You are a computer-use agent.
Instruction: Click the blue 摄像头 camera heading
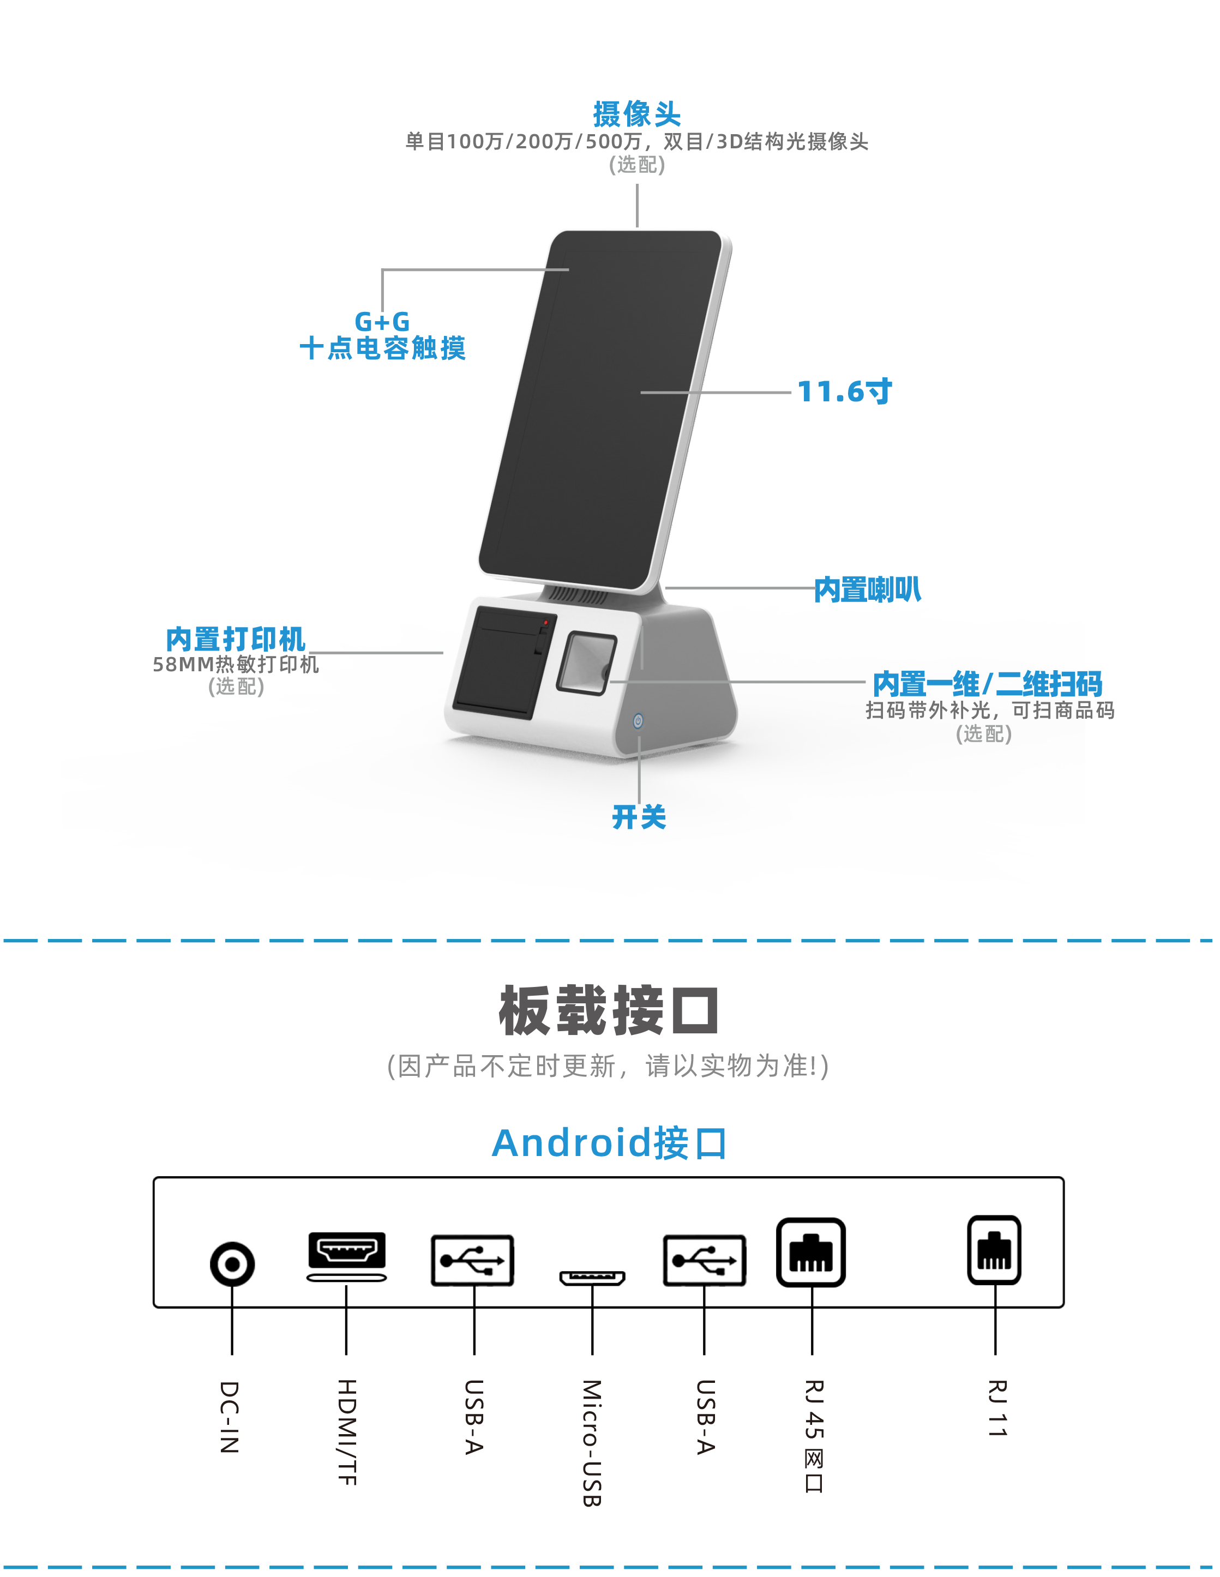[x=636, y=113]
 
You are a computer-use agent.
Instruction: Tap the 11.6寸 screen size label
[x=844, y=392]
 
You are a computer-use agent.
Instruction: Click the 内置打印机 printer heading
[x=236, y=639]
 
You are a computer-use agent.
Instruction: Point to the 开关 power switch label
[x=639, y=817]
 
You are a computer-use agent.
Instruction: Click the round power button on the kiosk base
[x=638, y=721]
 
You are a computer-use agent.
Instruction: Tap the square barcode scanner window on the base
[x=586, y=663]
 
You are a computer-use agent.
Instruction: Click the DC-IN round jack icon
[x=232, y=1263]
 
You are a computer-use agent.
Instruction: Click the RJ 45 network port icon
[x=811, y=1252]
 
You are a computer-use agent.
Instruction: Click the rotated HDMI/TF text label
[x=347, y=1432]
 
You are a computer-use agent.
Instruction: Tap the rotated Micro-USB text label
[x=592, y=1443]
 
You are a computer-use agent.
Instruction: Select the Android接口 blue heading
[x=609, y=1143]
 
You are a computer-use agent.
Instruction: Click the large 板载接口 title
[x=609, y=1009]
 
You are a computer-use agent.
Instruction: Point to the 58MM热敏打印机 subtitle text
[x=236, y=664]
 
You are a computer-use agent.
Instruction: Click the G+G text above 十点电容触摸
[x=382, y=321]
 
